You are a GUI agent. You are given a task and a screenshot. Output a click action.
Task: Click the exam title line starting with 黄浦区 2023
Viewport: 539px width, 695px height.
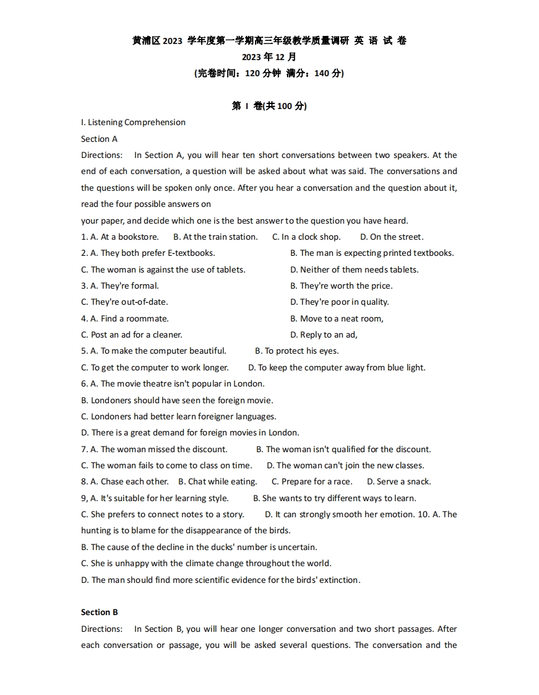[269, 41]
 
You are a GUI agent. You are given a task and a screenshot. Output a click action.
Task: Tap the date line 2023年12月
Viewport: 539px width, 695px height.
[269, 57]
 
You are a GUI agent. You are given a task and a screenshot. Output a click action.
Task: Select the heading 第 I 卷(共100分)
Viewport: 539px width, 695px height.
[269, 106]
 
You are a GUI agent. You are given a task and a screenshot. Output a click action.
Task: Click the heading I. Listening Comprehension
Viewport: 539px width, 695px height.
[133, 123]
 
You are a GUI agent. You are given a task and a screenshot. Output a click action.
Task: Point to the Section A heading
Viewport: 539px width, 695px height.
[99, 139]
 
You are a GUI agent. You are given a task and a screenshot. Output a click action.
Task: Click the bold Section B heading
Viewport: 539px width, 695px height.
[99, 612]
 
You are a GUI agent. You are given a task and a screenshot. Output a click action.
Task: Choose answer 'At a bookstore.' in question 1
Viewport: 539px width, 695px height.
[125, 237]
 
